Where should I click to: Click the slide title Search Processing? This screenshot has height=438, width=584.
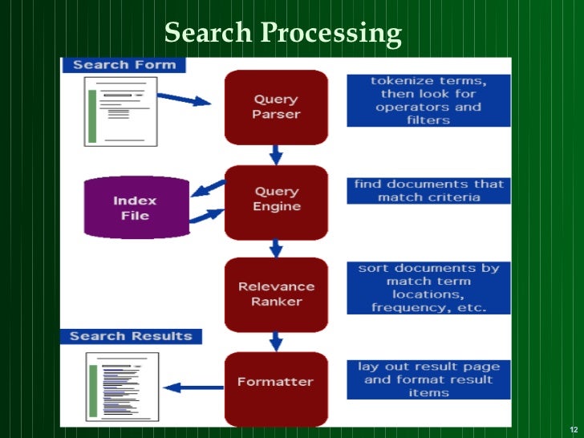(x=282, y=33)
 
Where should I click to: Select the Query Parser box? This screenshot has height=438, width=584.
(x=276, y=107)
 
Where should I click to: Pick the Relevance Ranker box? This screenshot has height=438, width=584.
(x=276, y=294)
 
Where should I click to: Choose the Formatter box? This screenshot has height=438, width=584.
(x=276, y=383)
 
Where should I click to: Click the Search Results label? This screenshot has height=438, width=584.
(x=131, y=336)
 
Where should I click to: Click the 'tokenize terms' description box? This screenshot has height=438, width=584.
(x=428, y=100)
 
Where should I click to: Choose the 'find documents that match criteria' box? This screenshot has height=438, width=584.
(x=428, y=191)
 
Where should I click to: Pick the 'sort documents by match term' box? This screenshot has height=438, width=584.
(x=428, y=288)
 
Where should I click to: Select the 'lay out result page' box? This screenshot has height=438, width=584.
(x=428, y=379)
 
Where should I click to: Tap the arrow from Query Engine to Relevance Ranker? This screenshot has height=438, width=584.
(x=276, y=247)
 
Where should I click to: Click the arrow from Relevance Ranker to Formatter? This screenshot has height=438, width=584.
(x=276, y=341)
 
